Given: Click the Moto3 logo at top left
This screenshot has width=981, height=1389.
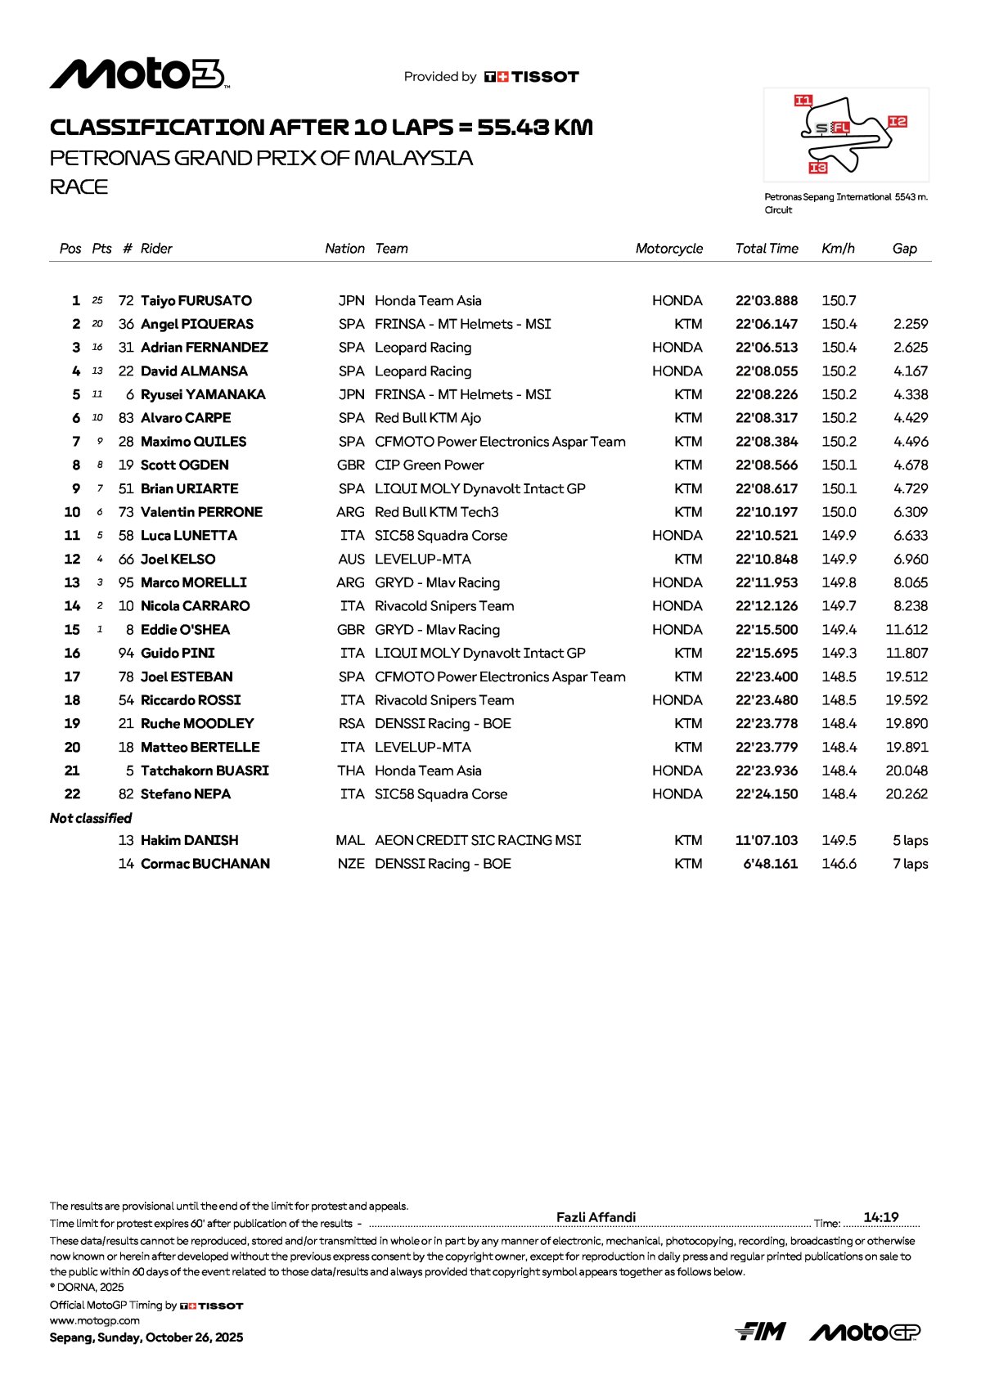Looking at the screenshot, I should coord(139,74).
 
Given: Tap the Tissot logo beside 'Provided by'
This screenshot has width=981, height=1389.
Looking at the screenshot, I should coord(532,77).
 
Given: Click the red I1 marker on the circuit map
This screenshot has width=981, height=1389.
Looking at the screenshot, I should coord(803,101).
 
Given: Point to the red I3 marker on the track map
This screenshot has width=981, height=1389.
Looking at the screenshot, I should coord(817,168).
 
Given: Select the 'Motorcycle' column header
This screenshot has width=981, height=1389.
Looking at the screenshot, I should coord(668,249).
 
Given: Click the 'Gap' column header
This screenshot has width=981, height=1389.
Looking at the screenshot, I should coord(904,249).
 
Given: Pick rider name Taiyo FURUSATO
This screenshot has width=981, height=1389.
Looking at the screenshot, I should coord(196,301).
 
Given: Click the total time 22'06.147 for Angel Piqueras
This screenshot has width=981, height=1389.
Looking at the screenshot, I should coord(766,325).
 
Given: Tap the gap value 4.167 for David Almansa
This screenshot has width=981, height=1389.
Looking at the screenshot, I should coord(911,371).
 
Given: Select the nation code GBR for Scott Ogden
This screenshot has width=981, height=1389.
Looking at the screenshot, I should coord(351,465).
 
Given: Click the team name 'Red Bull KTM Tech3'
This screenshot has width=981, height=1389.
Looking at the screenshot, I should coord(436,512).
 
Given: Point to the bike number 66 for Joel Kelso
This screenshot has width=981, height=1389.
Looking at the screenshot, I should coord(126,560).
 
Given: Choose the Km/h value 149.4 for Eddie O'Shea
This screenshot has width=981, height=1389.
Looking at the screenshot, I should coord(839,630).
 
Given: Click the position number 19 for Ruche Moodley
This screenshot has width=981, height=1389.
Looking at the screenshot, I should coord(72,724).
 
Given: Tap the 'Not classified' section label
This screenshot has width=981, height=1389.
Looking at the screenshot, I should coord(91,818).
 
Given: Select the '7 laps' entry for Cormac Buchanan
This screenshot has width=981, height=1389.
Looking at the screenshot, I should coord(910,865).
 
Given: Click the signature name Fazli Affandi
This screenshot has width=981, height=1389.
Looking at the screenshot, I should coord(596,1217).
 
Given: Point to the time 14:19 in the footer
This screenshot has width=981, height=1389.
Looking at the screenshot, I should coord(881,1217).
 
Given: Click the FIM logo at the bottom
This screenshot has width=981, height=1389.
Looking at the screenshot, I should coord(761,1332).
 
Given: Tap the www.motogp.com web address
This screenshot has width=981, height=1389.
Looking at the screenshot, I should coord(95,1320).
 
